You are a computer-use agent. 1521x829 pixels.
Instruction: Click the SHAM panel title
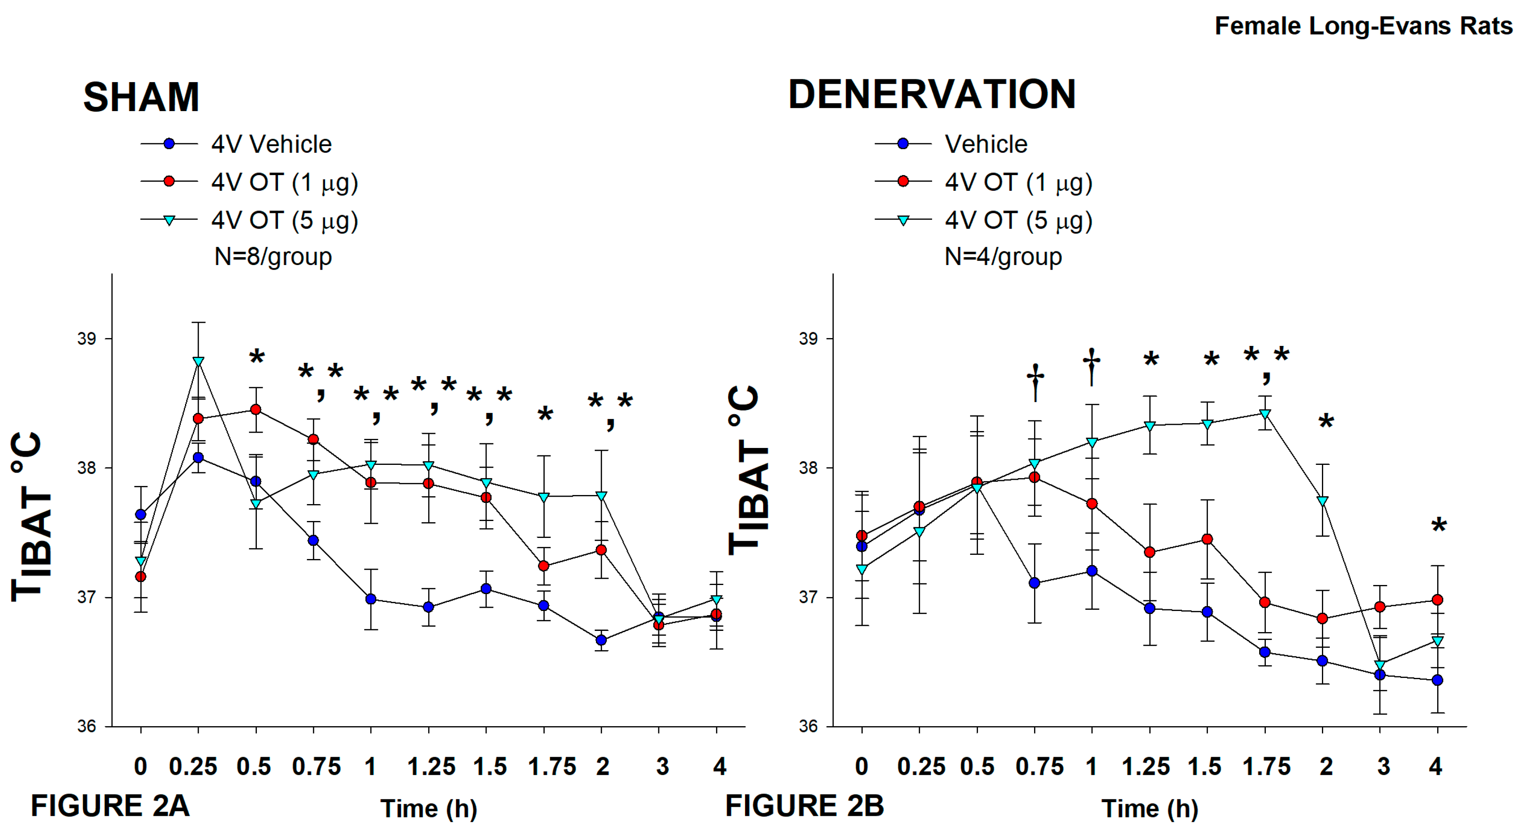(141, 97)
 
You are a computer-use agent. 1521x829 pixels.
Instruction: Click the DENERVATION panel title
(932, 95)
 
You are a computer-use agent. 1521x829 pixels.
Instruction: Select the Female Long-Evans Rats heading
(1363, 26)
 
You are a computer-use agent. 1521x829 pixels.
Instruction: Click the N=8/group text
(273, 256)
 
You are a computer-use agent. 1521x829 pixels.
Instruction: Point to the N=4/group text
(1003, 256)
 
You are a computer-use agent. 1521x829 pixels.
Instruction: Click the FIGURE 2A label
(110, 806)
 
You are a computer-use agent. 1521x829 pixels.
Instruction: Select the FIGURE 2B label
(804, 806)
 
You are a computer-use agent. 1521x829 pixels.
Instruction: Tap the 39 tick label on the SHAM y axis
(86, 339)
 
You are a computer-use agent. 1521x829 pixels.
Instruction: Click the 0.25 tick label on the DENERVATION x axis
(921, 767)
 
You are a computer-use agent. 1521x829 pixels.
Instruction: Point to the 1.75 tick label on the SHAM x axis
(551, 767)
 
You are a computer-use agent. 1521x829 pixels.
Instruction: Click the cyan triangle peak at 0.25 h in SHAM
(198, 361)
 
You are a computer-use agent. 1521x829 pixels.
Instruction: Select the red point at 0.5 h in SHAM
(256, 409)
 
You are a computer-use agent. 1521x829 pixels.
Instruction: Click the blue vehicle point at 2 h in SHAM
(601, 640)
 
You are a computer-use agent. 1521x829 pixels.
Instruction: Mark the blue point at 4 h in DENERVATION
(1438, 680)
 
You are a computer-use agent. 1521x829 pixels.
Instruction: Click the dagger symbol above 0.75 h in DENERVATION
(1035, 381)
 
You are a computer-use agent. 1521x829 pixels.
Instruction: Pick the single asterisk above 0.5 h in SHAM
(257, 357)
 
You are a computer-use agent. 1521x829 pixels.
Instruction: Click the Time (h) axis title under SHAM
(429, 808)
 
